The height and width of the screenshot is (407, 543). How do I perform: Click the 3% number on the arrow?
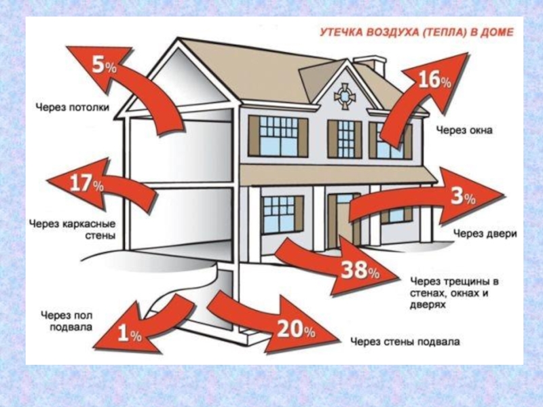[463, 197]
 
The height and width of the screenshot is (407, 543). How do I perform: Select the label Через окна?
[464, 129]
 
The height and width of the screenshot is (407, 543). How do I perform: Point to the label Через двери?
[485, 234]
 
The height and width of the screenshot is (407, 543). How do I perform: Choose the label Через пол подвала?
[67, 320]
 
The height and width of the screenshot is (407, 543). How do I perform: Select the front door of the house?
[341, 217]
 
